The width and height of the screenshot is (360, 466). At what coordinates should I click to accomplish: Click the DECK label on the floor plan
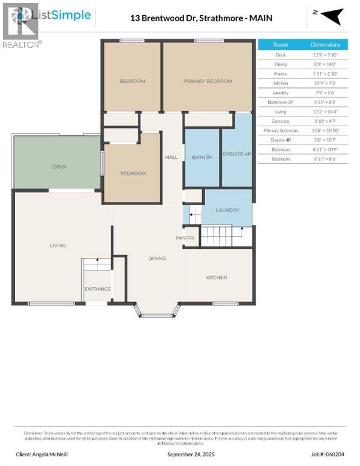[59, 167]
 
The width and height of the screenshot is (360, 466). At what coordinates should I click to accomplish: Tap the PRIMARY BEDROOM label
[208, 81]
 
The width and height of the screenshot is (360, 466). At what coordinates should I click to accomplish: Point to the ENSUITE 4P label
[236, 154]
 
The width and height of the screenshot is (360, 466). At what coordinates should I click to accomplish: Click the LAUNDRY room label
[228, 211]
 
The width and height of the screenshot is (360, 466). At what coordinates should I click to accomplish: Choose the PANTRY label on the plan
[185, 238]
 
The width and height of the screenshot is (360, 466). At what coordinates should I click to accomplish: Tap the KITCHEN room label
[216, 278]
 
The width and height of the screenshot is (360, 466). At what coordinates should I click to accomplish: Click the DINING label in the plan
[157, 258]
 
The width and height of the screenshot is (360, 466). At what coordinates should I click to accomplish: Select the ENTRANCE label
[97, 289]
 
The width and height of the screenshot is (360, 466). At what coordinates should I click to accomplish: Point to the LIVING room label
[58, 246]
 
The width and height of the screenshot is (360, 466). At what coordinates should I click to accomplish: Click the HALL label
[171, 158]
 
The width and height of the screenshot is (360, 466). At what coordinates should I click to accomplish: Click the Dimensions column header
[325, 45]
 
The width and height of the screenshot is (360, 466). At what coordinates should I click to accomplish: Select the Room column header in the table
[280, 45]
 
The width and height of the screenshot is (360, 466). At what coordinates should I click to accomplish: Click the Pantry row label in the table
[280, 73]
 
